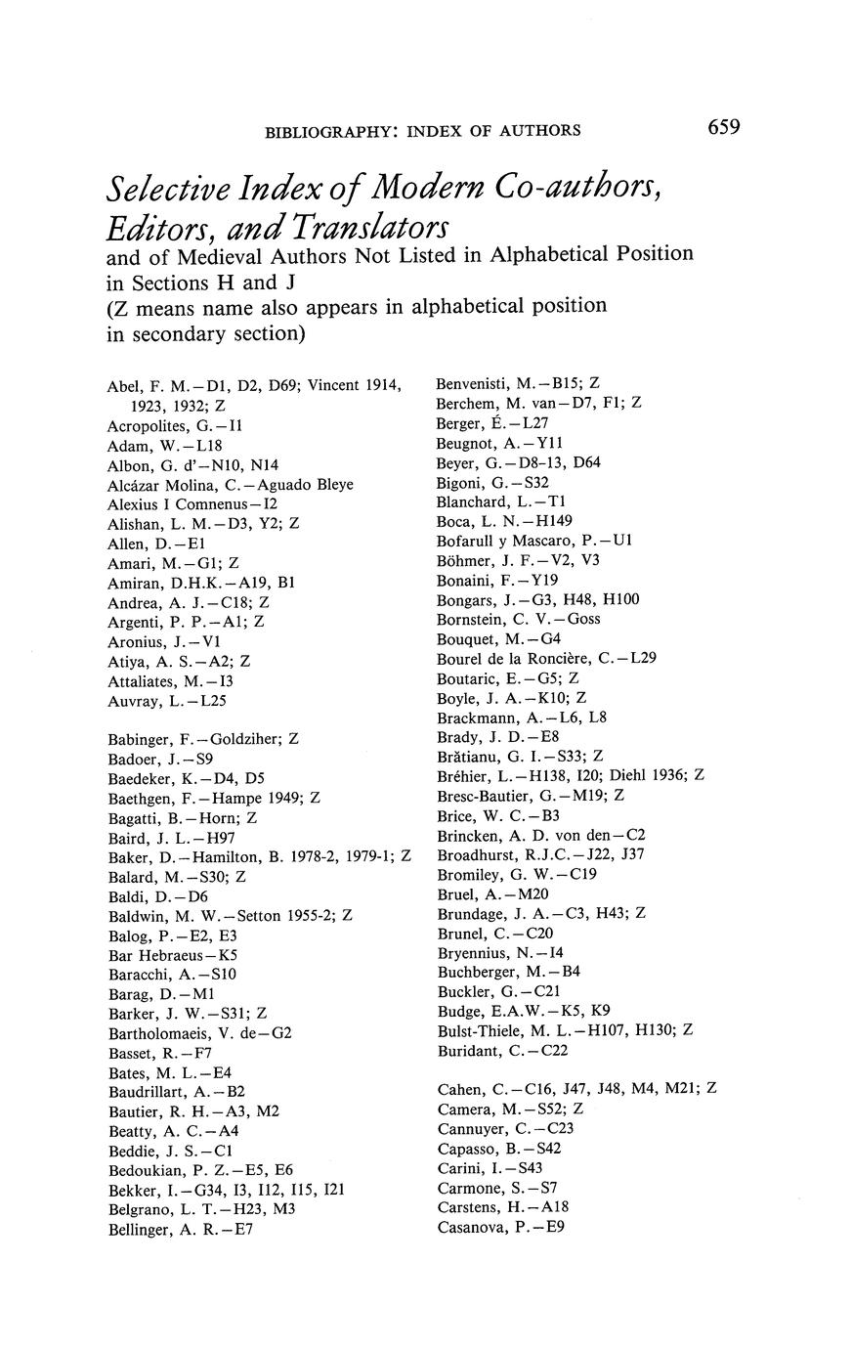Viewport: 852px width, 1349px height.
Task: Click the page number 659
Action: tap(719, 127)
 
